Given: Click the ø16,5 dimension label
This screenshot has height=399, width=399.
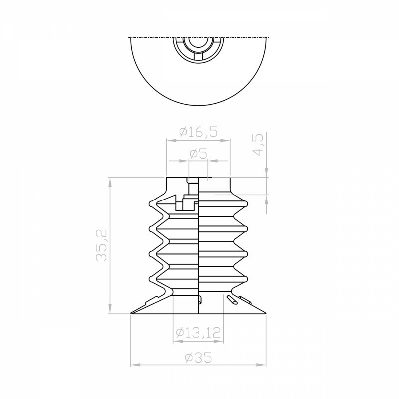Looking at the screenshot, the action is click(199, 132).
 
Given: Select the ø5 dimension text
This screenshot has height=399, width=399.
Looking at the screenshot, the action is click(199, 154).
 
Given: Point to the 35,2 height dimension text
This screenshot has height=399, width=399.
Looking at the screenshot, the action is click(101, 245).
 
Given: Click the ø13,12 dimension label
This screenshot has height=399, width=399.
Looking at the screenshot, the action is click(198, 332).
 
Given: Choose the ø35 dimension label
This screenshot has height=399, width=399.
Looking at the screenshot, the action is click(199, 358).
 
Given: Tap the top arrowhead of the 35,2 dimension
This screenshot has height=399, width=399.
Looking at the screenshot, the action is click(110, 182).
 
